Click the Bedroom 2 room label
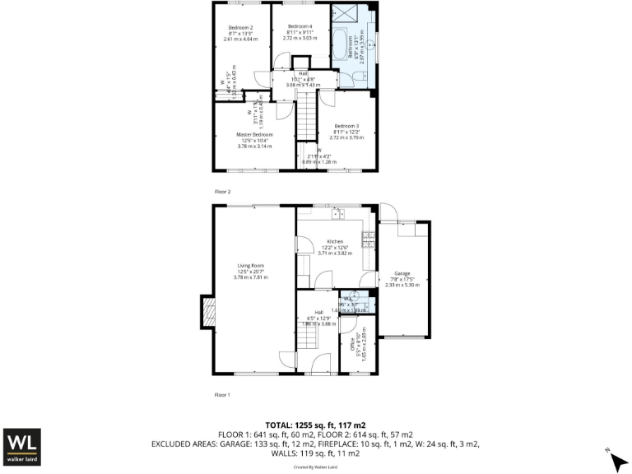240,28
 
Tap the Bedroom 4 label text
300,26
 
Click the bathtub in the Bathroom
340,49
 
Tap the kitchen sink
337,215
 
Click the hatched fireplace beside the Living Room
207,314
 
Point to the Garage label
402,273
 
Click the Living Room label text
250,266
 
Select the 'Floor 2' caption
223,191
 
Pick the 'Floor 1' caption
223,394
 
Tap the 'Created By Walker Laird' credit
316,467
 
